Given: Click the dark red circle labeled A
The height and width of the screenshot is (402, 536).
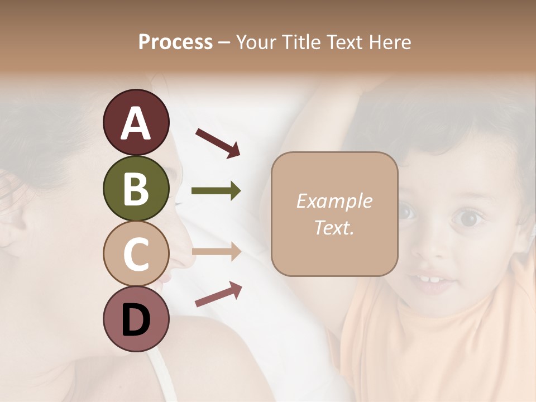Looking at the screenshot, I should pyautogui.click(x=136, y=122).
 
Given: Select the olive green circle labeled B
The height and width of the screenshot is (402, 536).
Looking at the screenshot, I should pyautogui.click(x=136, y=188).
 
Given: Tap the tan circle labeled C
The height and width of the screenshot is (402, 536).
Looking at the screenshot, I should pyautogui.click(x=136, y=253).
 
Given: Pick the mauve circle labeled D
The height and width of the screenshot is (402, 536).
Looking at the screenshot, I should pyautogui.click(x=136, y=319).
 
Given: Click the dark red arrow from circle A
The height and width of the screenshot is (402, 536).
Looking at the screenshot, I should pyautogui.click(x=218, y=142).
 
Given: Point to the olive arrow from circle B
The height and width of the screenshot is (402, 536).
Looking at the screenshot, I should pyautogui.click(x=216, y=191).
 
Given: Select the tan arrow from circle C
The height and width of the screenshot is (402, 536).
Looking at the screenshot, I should pyautogui.click(x=216, y=251).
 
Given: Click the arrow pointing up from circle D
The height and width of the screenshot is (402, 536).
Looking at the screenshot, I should pyautogui.click(x=218, y=294).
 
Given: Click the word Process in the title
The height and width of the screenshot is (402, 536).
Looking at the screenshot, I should pyautogui.click(x=175, y=42).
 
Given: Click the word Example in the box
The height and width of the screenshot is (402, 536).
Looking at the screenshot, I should pyautogui.click(x=334, y=201).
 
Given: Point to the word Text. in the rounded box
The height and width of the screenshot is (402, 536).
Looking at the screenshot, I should pyautogui.click(x=334, y=227).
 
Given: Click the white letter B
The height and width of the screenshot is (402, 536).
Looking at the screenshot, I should pyautogui.click(x=136, y=189).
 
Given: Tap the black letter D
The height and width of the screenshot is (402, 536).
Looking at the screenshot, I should pyautogui.click(x=136, y=320).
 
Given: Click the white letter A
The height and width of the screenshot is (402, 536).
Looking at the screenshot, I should pyautogui.click(x=136, y=123).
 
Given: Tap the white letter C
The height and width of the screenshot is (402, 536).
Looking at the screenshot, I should pyautogui.click(x=136, y=254).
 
